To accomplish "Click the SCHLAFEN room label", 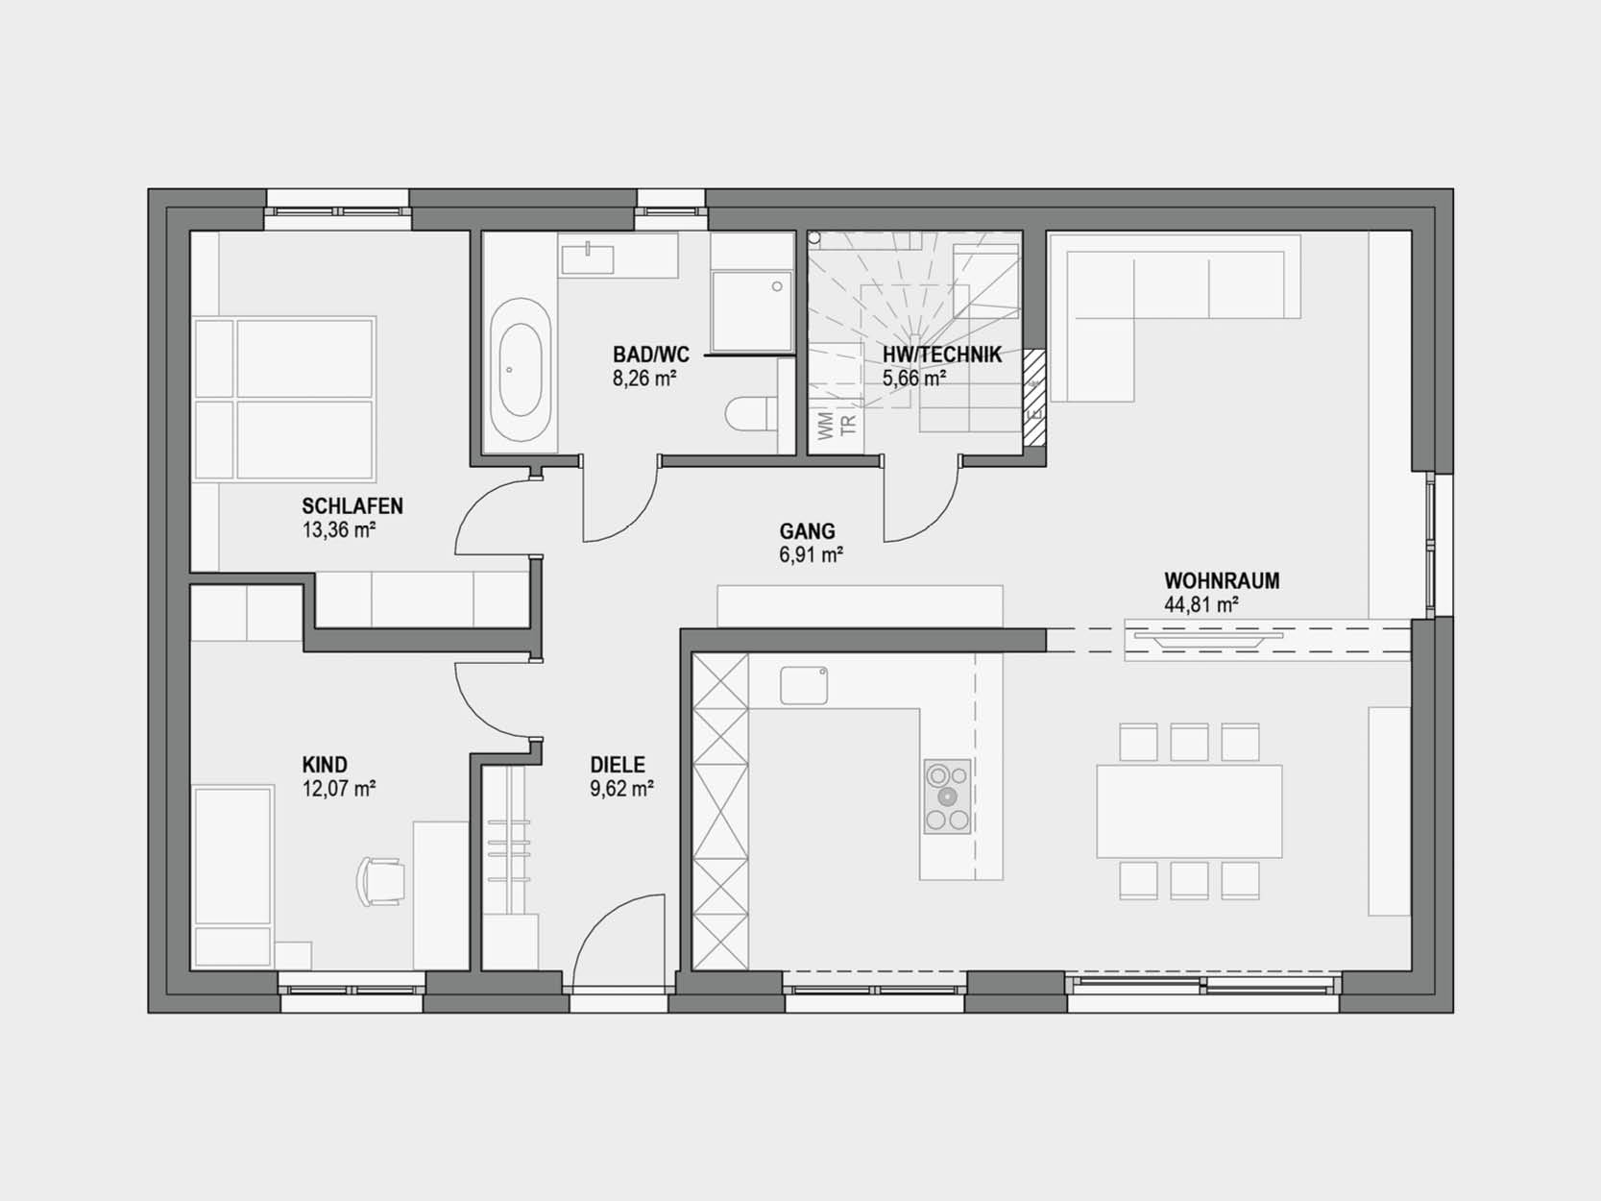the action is coord(352,505).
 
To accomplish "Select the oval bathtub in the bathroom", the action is coord(520,370).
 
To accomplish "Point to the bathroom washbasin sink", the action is coord(587,259).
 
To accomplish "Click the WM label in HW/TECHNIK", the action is coord(826,426).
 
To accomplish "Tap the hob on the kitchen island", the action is coord(948,797).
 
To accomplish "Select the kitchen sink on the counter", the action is coord(804,685).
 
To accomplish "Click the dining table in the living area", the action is coord(1189,811).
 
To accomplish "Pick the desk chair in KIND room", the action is coord(380,881).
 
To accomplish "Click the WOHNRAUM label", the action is coord(1222,580).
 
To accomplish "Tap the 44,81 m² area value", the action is coord(1201,605).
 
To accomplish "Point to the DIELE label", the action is coord(618,765).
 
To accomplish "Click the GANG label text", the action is coord(808,531).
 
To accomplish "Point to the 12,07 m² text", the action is coord(339,789).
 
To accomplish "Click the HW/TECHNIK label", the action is coord(942,355).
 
